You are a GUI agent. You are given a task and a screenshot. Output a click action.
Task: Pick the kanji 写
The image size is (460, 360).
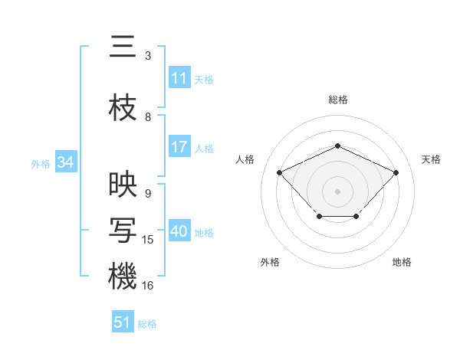tap(123, 231)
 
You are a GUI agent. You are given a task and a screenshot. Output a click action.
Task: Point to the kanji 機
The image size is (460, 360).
tap(123, 277)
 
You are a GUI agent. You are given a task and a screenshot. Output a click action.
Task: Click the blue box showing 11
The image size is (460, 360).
tap(179, 78)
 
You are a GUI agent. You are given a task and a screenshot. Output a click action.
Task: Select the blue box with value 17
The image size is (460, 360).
tap(179, 147)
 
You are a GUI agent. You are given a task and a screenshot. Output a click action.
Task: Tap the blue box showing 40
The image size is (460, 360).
tap(179, 232)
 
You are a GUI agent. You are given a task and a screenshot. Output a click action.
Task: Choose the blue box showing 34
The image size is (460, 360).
tap(65, 162)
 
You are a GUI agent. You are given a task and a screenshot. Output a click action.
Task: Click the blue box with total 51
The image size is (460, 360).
tap(123, 322)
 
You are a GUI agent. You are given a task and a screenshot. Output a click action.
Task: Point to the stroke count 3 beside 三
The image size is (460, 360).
tap(148, 56)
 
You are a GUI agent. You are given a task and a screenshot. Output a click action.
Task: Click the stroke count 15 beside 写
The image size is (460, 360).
tap(148, 240)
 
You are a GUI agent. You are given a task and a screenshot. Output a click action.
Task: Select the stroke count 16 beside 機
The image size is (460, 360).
tap(148, 285)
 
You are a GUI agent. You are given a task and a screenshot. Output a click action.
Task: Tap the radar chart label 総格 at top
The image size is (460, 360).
tap(337, 100)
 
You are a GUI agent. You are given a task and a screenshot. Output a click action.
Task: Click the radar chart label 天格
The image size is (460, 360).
tap(431, 159)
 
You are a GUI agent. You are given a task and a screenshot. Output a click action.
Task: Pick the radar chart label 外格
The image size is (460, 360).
tap(270, 262)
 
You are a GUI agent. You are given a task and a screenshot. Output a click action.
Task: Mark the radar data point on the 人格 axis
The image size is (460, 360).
tap(280, 173)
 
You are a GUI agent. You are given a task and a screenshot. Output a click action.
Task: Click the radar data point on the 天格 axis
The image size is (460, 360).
tap(396, 172)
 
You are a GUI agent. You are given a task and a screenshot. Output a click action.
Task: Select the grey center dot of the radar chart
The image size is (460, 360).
tap(337, 191)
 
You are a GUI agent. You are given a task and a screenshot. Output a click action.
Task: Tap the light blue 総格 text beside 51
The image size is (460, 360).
tap(147, 324)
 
